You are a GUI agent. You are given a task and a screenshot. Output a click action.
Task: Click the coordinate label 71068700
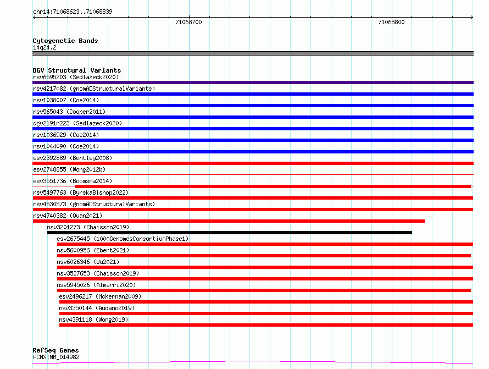pos(188,22)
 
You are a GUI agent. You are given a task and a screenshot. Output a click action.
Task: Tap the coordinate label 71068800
pos(391,22)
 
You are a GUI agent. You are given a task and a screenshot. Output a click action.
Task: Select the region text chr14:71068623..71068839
pos(73,12)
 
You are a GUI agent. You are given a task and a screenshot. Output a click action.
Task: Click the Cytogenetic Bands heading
pos(65,41)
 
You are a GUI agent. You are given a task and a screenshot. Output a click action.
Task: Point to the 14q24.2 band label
pos(45,47)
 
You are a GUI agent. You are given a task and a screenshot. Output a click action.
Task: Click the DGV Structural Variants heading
pos(77,70)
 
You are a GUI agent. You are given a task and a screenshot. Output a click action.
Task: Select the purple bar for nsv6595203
pos(253,82)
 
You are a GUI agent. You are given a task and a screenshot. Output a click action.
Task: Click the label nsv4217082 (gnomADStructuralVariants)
pos(94,89)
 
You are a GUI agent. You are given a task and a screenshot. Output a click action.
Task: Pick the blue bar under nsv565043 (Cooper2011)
pos(253,117)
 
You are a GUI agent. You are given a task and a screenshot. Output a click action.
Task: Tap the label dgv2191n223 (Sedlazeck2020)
pos(77,123)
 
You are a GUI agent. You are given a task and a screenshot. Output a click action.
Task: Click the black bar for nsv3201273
pos(230,233)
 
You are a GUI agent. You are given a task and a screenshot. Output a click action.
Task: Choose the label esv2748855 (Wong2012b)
pos(69,169)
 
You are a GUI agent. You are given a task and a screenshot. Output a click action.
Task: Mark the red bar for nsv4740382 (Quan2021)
pos(229,221)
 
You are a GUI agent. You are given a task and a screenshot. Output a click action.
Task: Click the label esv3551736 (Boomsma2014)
pos(73,181)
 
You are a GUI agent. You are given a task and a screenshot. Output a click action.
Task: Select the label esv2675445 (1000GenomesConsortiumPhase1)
pos(123,239)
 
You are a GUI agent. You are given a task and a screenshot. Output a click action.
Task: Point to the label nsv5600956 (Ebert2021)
pos(93,250)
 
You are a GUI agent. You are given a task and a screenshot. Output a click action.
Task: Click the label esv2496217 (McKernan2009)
pos(100,296)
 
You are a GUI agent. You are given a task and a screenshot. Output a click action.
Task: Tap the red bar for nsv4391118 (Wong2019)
pos(266,325)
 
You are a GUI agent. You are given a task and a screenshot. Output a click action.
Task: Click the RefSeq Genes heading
pos(55,350)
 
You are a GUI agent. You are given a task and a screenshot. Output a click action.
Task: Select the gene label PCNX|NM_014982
pos(56,357)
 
